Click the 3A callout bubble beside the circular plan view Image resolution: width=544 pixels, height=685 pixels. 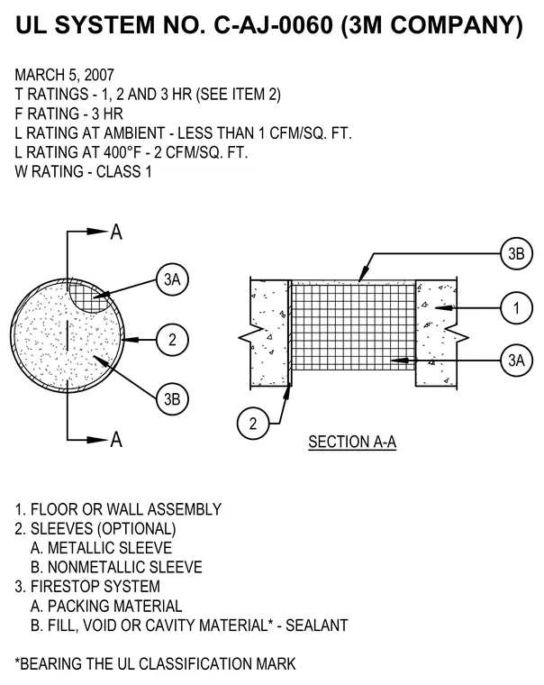[x=172, y=279]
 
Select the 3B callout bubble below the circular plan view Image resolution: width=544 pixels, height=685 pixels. [x=172, y=399]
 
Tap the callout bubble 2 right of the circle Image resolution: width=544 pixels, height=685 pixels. [x=172, y=340]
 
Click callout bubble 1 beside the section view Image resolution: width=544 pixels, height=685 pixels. [x=516, y=308]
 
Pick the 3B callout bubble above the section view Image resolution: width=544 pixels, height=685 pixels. [x=516, y=253]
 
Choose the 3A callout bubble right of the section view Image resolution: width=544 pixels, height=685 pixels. [x=516, y=361]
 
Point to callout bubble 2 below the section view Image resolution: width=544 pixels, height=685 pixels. [x=253, y=424]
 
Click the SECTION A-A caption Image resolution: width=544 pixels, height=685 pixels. [x=352, y=443]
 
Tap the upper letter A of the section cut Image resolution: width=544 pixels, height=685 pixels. [x=116, y=232]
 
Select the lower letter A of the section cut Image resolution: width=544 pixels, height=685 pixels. [x=116, y=440]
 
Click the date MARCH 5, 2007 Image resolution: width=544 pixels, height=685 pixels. [x=65, y=75]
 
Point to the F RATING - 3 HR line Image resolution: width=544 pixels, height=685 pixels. [x=69, y=114]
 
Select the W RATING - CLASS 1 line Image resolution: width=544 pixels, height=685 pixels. [x=84, y=171]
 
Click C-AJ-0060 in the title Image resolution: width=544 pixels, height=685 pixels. [x=273, y=25]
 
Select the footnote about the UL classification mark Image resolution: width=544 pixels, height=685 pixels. [x=156, y=664]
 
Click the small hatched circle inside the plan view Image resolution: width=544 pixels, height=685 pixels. [x=91, y=297]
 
